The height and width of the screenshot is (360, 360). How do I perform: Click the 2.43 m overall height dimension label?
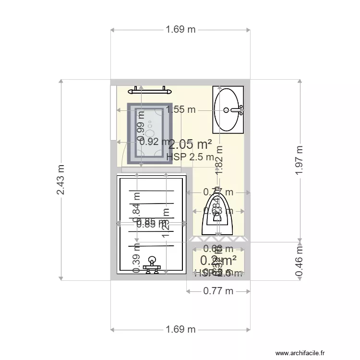pos(61,180)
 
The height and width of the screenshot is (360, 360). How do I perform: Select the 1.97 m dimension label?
pos(300,160)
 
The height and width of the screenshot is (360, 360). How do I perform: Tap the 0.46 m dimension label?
pos(300,261)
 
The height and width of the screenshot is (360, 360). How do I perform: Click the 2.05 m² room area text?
pos(191,144)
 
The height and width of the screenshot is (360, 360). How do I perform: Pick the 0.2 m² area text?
pos(218,260)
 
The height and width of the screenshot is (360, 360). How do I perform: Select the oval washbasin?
pos(228,109)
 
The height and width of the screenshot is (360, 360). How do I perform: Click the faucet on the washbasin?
pos(237,110)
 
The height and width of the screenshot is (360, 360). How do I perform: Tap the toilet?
pos(218,216)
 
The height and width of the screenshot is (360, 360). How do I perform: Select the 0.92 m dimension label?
pos(154,142)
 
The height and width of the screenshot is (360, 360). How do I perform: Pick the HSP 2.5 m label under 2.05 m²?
pos(190,157)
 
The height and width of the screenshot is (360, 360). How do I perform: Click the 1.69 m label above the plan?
pos(180,30)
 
